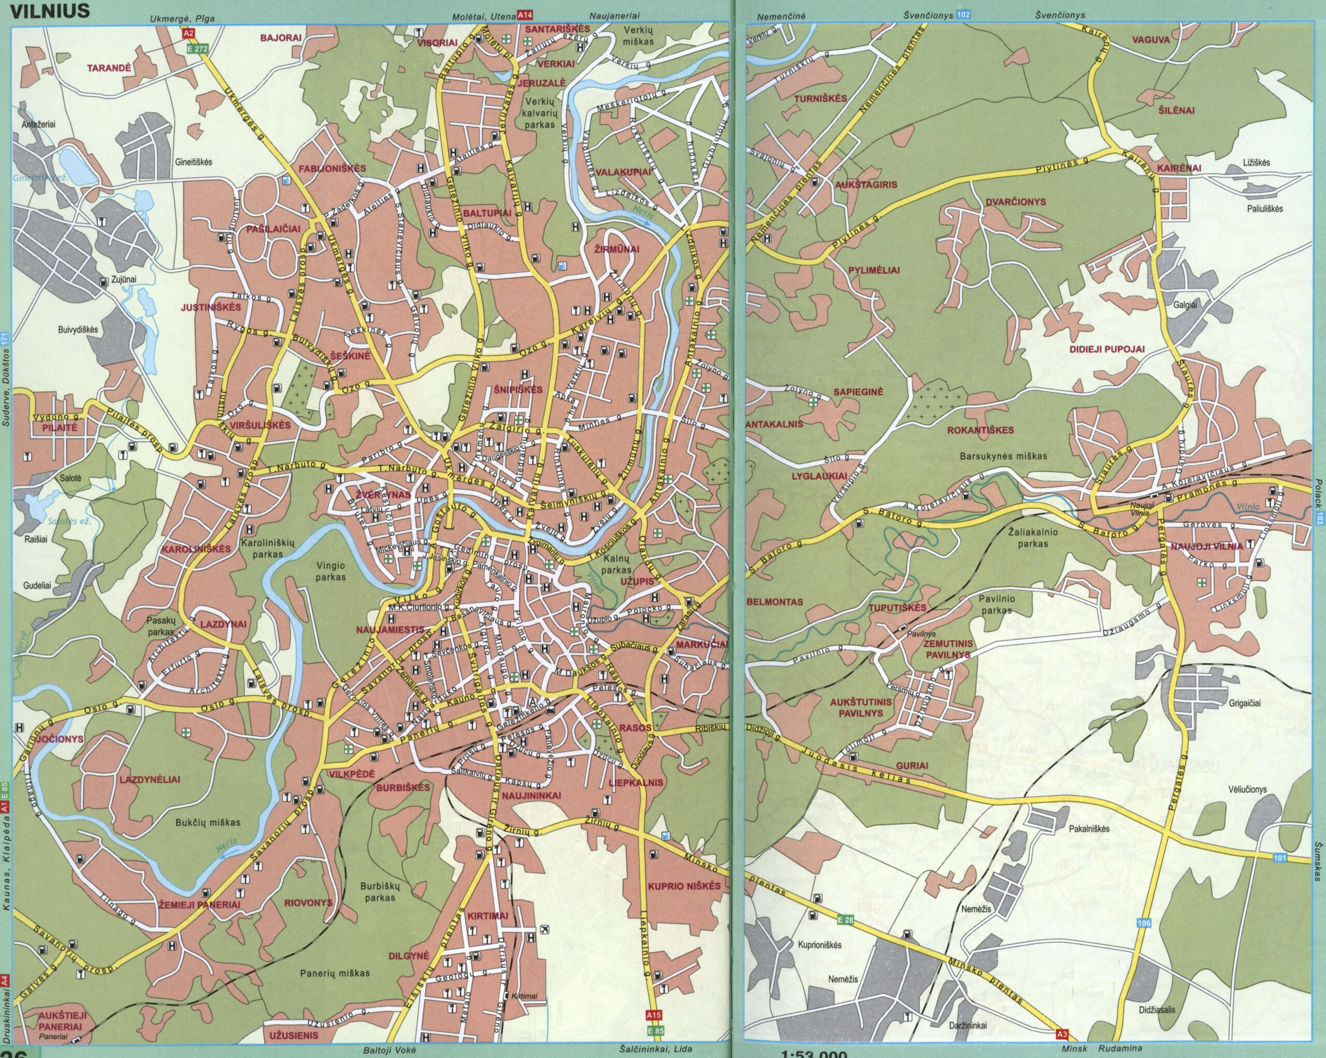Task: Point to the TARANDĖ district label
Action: coord(109,68)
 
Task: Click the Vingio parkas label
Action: coord(331,571)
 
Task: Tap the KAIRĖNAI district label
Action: coord(1178,168)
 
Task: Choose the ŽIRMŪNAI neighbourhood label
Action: coord(617,249)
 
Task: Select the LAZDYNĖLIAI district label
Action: coord(150,779)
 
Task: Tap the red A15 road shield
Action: coord(653,1014)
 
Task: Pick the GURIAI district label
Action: coord(912,765)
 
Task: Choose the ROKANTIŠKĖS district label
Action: coord(981,430)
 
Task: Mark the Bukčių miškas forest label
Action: coord(208,822)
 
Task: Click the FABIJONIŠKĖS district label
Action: coord(332,168)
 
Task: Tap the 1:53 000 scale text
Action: coord(814,1053)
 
